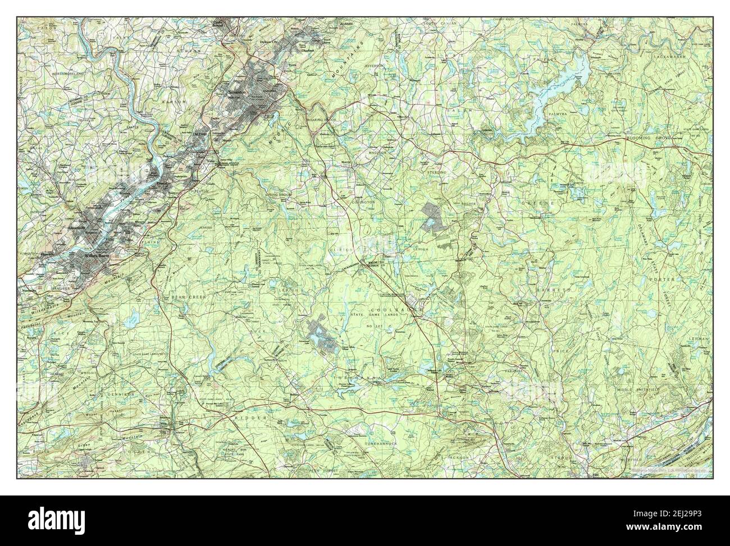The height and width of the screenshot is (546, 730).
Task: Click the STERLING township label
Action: (x=436, y=172)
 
